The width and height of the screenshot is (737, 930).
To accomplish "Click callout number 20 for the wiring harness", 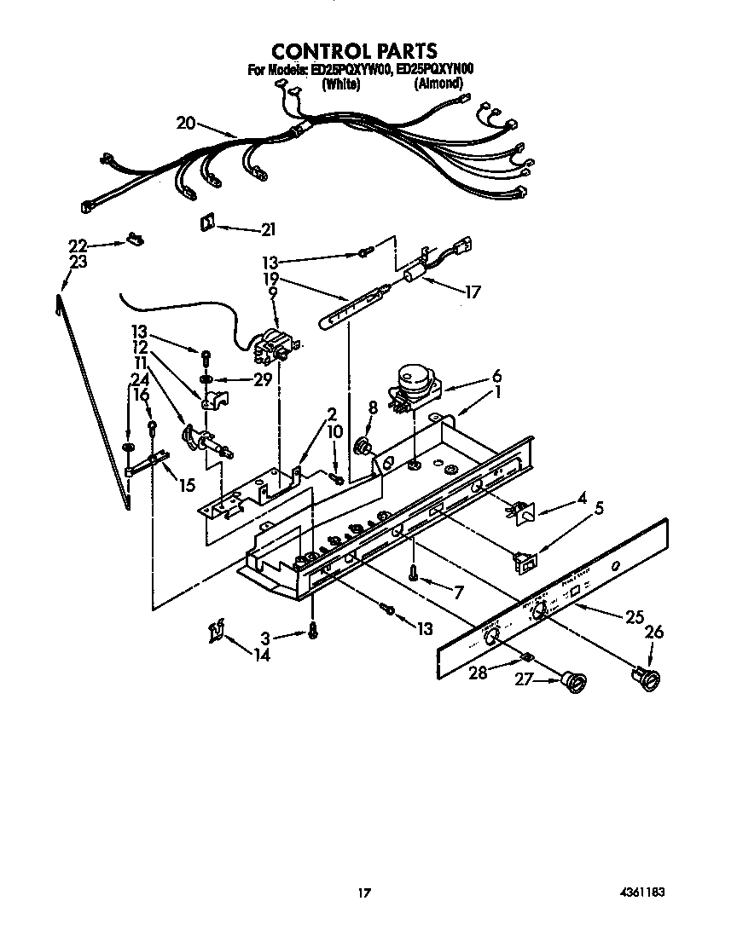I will (186, 123).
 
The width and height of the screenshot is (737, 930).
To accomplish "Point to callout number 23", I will (78, 263).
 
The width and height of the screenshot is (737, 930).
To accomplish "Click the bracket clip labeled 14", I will (216, 632).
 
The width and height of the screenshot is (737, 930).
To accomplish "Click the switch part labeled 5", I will (524, 560).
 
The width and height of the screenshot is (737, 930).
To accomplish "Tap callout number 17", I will (472, 292).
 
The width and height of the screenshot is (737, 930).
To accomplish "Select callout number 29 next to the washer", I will (262, 380).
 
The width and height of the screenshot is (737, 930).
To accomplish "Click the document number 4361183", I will (641, 892).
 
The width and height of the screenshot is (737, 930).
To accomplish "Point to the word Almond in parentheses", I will (438, 84).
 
